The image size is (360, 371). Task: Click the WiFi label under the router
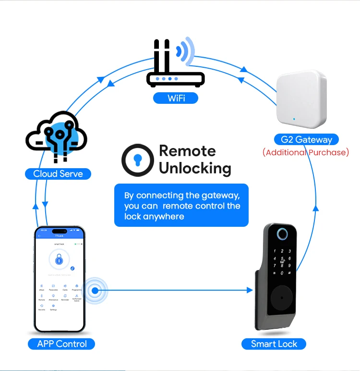tap(176, 98)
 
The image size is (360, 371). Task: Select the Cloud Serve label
tap(58, 173)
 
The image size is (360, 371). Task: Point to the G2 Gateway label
tap(306, 140)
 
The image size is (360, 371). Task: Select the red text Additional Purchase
tap(306, 152)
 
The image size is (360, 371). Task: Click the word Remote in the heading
tap(187, 151)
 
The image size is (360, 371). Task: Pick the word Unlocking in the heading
tap(195, 168)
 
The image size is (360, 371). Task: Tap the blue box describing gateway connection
tap(181, 206)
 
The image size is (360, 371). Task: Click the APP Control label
tap(62, 344)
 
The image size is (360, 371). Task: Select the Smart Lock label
tap(274, 344)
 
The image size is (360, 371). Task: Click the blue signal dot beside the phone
tap(95, 290)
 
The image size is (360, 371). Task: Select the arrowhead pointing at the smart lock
tap(249, 290)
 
